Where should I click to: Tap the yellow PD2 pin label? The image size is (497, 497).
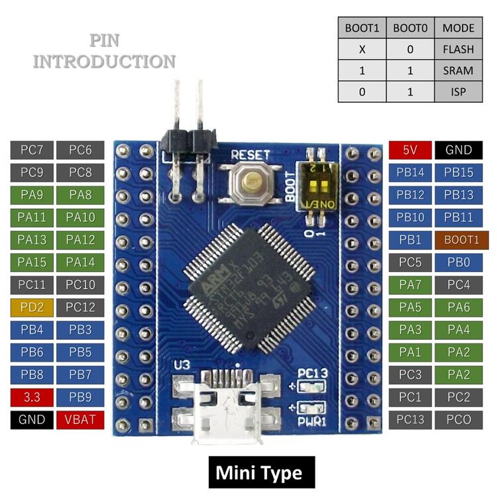[32, 307]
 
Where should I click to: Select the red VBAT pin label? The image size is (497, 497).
[80, 419]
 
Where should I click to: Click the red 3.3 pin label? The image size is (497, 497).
[32, 397]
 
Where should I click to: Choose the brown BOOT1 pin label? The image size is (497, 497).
[459, 240]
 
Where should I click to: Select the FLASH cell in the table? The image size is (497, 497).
[459, 50]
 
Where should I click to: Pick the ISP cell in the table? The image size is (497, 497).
[459, 91]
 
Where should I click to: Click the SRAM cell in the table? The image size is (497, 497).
[459, 70]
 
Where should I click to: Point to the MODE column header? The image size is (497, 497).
[459, 29]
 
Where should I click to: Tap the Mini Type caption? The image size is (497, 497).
[258, 473]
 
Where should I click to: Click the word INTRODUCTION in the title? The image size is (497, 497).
[105, 62]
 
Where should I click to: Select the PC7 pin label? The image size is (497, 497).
[32, 150]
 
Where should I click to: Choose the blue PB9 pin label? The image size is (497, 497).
[80, 397]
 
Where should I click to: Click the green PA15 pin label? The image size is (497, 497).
[32, 262]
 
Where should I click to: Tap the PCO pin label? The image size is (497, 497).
[459, 419]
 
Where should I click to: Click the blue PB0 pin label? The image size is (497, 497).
[459, 262]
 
